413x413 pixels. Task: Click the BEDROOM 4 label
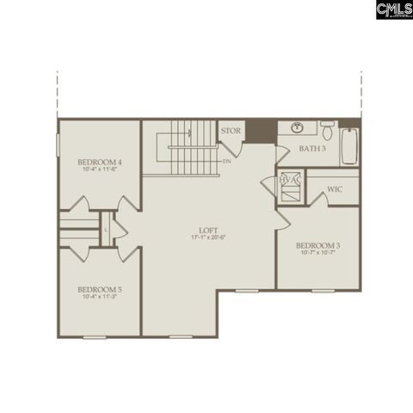point(99,162)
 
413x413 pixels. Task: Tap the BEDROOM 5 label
point(99,289)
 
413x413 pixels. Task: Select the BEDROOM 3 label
point(317,245)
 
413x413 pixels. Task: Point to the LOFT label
point(208,230)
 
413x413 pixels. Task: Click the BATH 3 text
point(312,149)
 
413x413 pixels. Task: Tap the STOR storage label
point(231,131)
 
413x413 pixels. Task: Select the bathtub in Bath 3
point(348,145)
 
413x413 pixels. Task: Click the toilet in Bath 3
point(327,131)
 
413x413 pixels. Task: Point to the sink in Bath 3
point(298,128)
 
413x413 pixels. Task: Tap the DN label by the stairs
point(227,161)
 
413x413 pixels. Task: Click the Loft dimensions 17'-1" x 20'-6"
point(208,237)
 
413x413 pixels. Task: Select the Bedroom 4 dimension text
point(99,170)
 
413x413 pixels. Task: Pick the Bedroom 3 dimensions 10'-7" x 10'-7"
point(317,253)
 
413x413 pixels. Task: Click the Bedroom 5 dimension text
point(99,297)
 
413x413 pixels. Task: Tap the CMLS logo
point(393,10)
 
